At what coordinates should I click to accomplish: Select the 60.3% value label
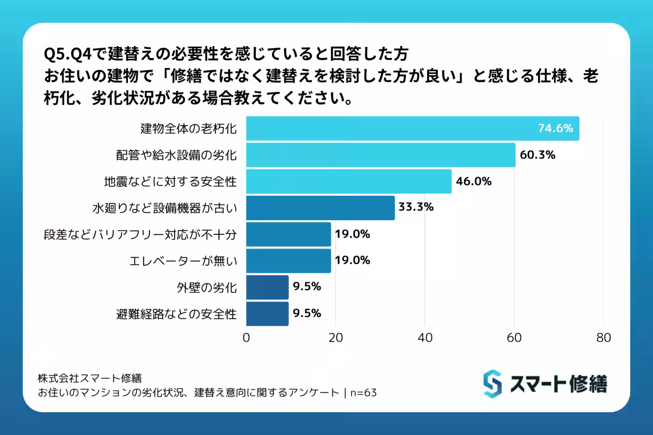coord(537,155)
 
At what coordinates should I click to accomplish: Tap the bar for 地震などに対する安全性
coord(349,182)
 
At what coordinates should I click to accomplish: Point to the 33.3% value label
coord(416,207)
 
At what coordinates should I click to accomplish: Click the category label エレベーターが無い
coord(183,261)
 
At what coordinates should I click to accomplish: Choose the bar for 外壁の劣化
coord(267,287)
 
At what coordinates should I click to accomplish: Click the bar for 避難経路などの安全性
coord(267,314)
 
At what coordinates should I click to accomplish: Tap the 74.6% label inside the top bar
coord(556,129)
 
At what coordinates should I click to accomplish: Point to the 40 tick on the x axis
coord(425,338)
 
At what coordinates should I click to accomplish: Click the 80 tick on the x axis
coord(603,338)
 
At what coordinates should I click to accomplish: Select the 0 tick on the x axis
coord(247,338)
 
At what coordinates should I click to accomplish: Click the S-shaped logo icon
coord(492,384)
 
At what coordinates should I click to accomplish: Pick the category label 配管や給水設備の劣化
coord(176,156)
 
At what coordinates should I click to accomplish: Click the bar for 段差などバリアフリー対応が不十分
coord(288,234)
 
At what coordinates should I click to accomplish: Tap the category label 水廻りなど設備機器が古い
coord(164,208)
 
